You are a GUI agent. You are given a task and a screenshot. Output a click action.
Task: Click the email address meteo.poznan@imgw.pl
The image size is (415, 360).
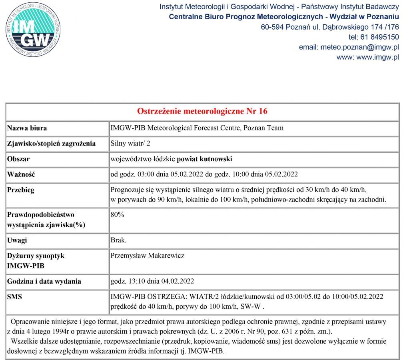(359, 47)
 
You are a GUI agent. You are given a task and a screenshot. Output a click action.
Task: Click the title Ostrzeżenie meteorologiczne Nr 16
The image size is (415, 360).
(202, 111)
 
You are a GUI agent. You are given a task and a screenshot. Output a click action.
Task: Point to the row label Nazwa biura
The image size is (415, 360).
(27, 128)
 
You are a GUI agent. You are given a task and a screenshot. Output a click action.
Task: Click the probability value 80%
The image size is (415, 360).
(117, 215)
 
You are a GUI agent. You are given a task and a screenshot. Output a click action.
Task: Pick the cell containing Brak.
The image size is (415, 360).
(118, 240)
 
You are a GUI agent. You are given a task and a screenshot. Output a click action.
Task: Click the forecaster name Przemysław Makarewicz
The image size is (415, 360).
(147, 256)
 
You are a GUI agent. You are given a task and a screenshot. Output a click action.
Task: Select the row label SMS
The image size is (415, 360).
(15, 297)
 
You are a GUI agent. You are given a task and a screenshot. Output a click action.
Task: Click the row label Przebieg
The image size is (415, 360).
(21, 190)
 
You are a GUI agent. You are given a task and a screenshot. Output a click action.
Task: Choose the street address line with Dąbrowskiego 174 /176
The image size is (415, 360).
(330, 27)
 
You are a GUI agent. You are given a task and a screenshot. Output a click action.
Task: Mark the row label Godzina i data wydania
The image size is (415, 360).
(44, 281)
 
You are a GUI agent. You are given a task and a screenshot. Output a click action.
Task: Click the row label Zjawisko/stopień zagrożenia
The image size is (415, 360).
(51, 144)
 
